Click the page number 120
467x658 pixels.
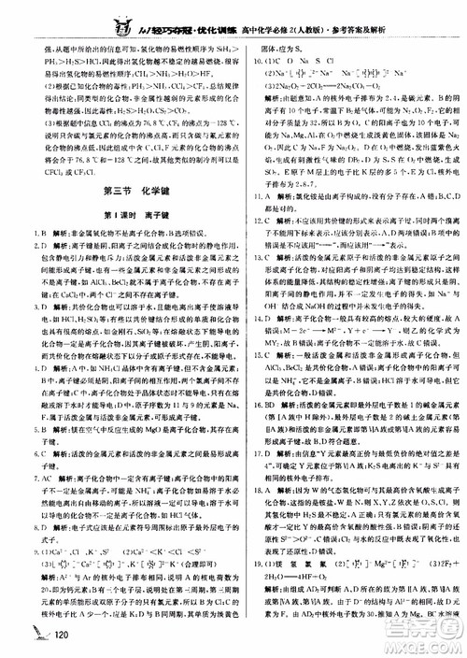[64, 637]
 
